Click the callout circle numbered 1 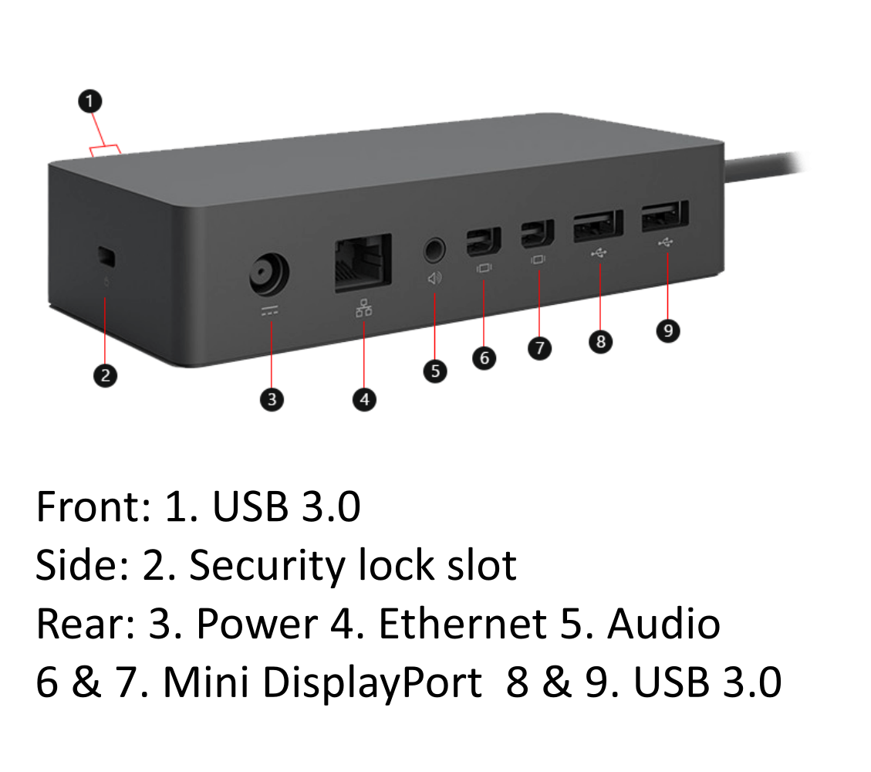[90, 100]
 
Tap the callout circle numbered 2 [106, 376]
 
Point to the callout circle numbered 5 [435, 371]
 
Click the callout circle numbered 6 [484, 358]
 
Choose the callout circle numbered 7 [540, 348]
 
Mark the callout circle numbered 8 [600, 341]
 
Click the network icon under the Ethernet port [363, 308]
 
